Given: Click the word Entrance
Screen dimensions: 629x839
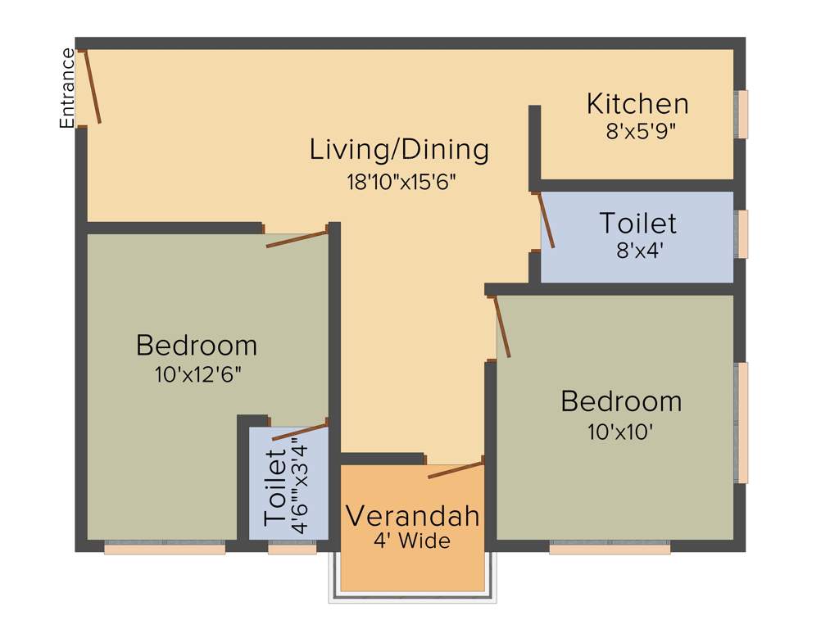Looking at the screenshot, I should click(x=67, y=88).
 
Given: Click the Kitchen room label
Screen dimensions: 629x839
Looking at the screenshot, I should click(x=637, y=104).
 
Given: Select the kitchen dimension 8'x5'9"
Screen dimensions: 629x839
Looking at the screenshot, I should click(x=640, y=130).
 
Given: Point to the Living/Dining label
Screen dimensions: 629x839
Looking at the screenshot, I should click(x=399, y=150).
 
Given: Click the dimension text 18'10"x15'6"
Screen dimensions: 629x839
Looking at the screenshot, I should click(x=400, y=181).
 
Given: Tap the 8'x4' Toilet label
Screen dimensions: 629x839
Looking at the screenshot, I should click(x=637, y=223).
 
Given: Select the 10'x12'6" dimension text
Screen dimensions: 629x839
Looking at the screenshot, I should click(x=197, y=375).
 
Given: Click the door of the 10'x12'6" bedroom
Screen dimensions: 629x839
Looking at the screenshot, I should click(x=297, y=238).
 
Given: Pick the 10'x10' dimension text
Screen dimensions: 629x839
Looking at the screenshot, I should click(x=620, y=432).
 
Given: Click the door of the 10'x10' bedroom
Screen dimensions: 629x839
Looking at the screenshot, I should click(x=502, y=327).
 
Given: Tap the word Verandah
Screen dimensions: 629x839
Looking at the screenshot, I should click(x=411, y=517).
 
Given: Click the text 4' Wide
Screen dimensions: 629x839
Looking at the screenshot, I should click(x=411, y=541).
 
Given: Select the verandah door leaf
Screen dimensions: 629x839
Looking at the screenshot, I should click(x=456, y=469).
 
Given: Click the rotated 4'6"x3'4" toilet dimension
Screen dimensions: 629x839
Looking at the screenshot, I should click(x=300, y=488).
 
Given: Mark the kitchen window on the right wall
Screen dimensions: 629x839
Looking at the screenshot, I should click(x=741, y=114).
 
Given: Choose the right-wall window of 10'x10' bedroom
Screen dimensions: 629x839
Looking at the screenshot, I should click(x=741, y=423).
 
